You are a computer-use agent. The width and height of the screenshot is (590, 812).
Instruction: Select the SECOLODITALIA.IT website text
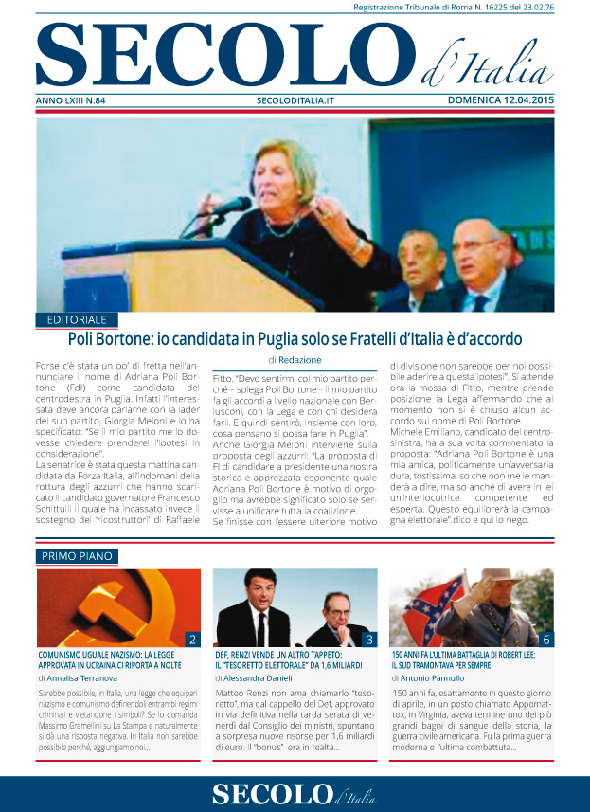(x=295, y=99)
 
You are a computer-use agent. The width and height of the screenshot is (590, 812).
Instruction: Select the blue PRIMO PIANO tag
(x=76, y=555)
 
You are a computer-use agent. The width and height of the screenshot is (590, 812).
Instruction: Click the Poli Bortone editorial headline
(x=295, y=338)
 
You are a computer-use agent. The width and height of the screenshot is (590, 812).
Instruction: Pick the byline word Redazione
(x=301, y=360)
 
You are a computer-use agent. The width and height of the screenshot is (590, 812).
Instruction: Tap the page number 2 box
(x=192, y=640)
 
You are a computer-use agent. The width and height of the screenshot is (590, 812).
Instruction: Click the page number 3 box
(x=369, y=640)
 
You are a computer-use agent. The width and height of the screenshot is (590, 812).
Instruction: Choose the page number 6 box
(x=546, y=640)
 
